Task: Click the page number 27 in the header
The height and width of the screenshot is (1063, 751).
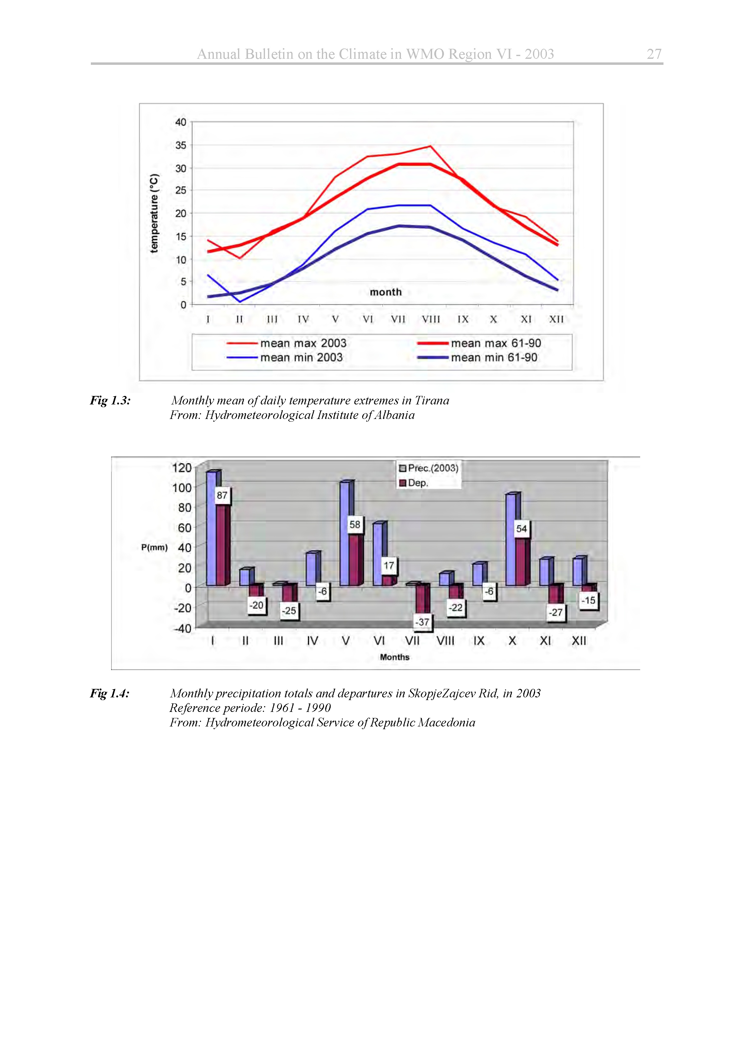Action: pos(653,54)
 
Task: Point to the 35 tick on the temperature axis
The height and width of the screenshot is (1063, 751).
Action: pos(180,145)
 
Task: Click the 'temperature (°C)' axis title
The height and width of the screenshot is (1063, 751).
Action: pos(154,214)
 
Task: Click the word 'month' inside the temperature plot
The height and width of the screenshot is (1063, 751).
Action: pos(385,292)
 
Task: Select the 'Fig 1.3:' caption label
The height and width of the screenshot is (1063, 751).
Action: pos(110,400)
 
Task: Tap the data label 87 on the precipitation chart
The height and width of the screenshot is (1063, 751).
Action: pos(222,495)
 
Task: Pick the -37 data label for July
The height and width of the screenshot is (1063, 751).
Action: pos(422,622)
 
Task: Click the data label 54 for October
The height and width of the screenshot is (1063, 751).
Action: pos(521,529)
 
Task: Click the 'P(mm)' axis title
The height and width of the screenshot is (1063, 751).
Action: pos(154,547)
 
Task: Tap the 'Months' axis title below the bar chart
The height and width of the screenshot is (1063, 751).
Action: pos(394,657)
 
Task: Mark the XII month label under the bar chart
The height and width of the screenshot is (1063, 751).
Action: pos(578,641)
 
